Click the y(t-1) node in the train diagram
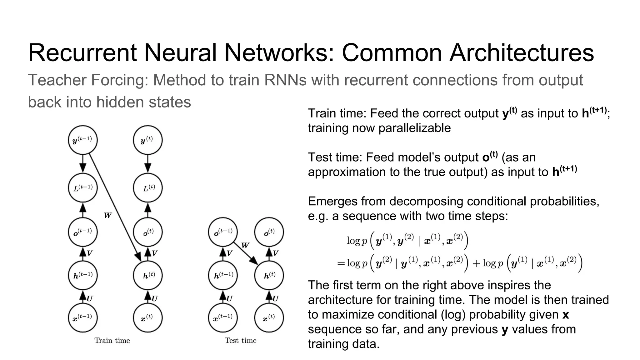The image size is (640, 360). coord(83,140)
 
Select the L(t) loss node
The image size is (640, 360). coord(148,188)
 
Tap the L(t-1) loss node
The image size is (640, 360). coord(83,188)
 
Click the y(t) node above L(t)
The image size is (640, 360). coord(148,140)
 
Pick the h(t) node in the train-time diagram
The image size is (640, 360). coord(148,275)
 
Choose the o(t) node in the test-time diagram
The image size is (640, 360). coord(269,232)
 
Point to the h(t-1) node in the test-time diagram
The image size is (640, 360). coord(223,275)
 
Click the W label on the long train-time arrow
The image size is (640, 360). coord(108,215)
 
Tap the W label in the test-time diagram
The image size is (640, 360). coord(245,245)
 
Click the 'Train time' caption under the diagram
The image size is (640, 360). coord(112,341)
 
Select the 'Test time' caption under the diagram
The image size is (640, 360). coord(241,341)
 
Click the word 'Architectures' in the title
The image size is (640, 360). coord(522,52)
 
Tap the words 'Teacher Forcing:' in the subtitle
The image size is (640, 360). coord(88,80)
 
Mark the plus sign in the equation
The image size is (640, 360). coord(476,263)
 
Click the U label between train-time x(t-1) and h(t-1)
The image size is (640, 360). coord(90,298)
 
